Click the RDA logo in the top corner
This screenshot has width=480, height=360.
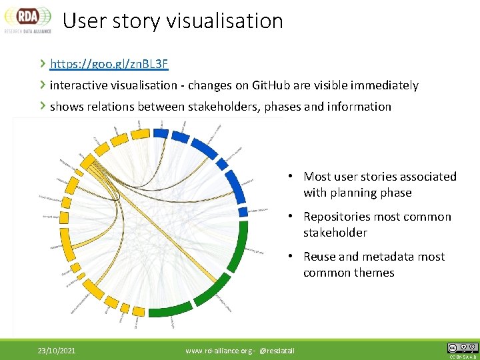[27, 19]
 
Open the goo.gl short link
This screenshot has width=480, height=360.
[109, 64]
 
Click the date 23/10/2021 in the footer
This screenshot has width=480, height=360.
[56, 350]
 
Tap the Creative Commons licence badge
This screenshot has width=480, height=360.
[462, 348]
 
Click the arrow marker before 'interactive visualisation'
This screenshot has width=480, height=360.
[43, 85]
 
